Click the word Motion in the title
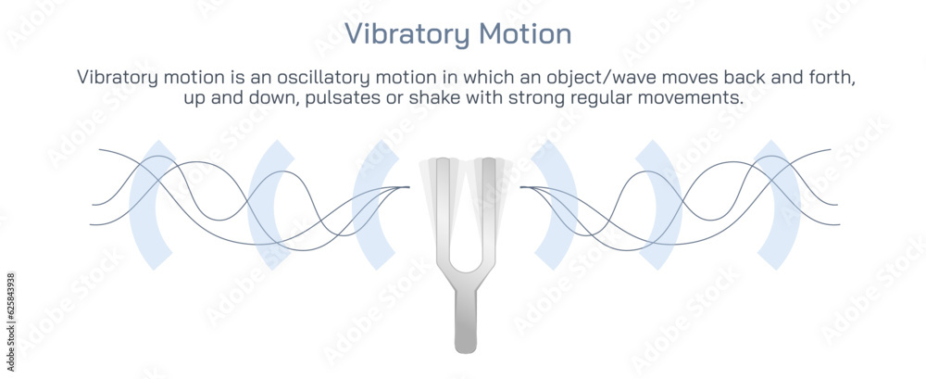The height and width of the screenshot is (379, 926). point(525,34)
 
